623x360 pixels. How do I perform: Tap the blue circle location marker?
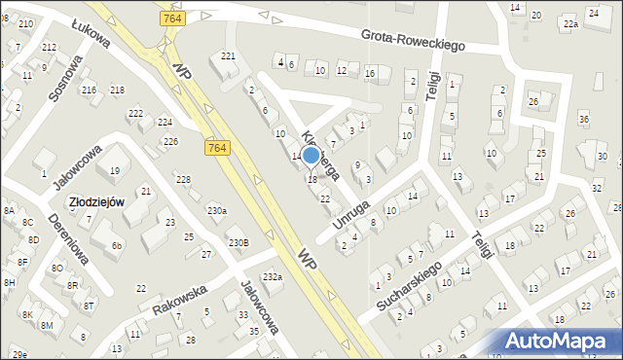click(311, 156)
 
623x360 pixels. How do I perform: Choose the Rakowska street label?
click(180, 301)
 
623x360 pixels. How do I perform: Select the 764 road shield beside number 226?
click(217, 147)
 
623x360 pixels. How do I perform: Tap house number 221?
click(228, 55)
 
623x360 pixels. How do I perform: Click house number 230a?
click(216, 210)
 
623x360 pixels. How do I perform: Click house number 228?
click(182, 179)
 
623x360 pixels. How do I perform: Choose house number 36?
click(583, 119)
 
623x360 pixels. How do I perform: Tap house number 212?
click(49, 47)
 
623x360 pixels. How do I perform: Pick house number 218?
click(117, 90)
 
